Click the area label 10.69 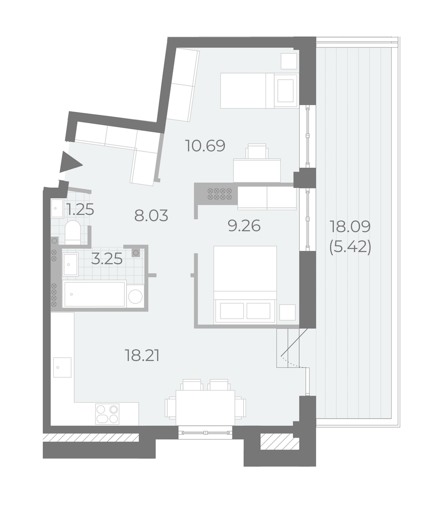(205, 146)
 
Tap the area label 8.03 (151, 215)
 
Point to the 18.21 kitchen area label (142, 356)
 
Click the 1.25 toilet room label (80, 210)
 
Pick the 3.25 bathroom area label (107, 259)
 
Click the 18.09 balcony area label (350, 227)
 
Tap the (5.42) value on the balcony (350, 247)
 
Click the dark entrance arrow (71, 165)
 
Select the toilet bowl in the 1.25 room (72, 232)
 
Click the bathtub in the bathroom (95, 294)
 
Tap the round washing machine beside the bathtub (135, 296)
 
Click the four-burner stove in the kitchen (107, 413)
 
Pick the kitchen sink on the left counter (62, 367)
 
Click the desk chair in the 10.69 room (257, 151)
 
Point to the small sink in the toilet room (57, 209)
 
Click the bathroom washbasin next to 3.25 (70, 264)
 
